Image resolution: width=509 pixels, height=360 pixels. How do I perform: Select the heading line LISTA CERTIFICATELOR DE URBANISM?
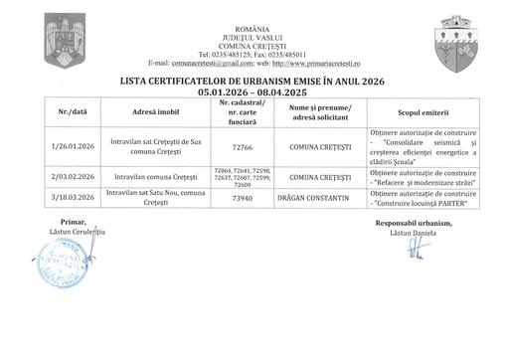pos(253,82)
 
